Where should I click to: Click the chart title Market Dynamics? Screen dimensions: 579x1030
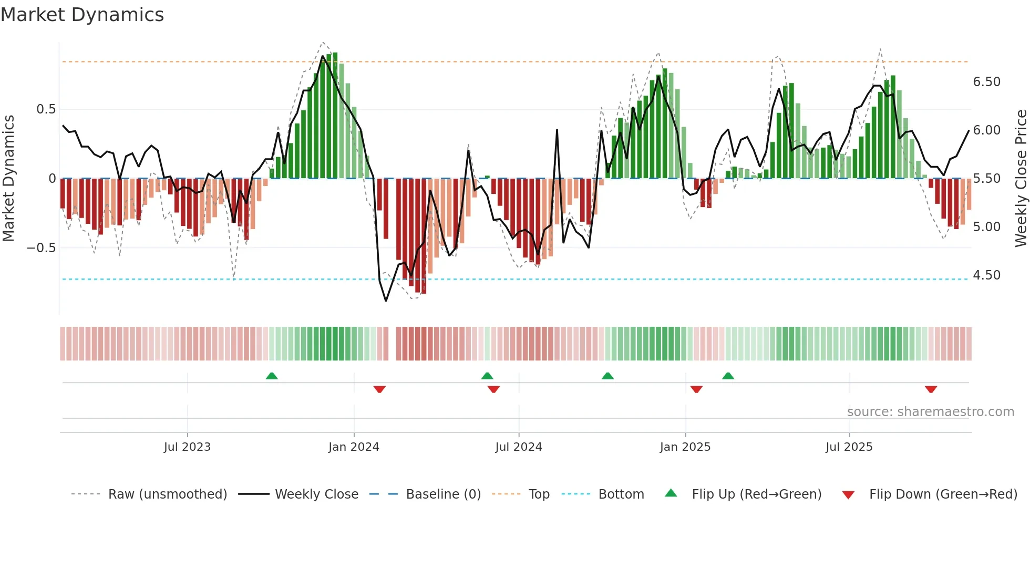(82, 15)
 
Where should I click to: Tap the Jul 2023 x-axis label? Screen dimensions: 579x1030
(187, 447)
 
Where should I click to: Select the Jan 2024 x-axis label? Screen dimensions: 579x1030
(354, 447)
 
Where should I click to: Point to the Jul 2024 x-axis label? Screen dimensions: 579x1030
(519, 447)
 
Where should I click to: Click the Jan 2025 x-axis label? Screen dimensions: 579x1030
(685, 447)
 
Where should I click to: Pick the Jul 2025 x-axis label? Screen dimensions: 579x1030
(849, 447)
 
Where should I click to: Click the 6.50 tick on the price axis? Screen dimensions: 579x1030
(987, 82)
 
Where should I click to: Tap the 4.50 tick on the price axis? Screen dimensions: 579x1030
(987, 275)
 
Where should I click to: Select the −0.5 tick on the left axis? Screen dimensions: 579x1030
(41, 248)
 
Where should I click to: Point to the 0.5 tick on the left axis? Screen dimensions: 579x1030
(46, 109)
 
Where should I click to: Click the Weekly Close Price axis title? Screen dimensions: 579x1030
(1021, 179)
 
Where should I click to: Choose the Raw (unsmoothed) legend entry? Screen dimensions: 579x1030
(167, 494)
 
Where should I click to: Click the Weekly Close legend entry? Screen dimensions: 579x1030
(316, 494)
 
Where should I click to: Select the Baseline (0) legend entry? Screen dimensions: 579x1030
(443, 494)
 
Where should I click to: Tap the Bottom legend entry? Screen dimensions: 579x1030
(621, 494)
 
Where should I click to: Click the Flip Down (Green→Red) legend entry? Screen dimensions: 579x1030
(943, 494)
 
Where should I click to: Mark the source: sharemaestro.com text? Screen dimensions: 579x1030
(931, 412)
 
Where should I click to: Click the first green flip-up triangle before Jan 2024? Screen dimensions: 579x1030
(272, 376)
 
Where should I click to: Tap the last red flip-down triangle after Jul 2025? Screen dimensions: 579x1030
(931, 389)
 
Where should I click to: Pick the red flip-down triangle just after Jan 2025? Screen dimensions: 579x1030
(696, 389)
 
